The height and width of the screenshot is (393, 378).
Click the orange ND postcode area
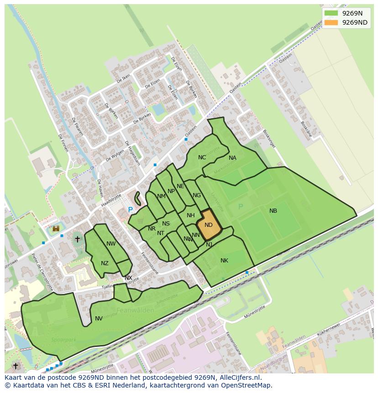pyautogui.click(x=209, y=225)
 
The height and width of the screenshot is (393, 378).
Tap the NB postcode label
pyautogui.click(x=273, y=211)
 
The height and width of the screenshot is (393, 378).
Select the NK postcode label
pyautogui.click(x=224, y=261)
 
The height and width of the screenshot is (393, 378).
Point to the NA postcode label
pyautogui.click(x=232, y=158)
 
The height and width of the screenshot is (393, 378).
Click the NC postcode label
pyautogui.click(x=202, y=157)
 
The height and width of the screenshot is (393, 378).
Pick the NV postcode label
pyautogui.click(x=99, y=319)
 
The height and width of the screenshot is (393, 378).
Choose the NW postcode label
pyautogui.click(x=111, y=244)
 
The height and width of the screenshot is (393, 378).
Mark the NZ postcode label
pyautogui.click(x=105, y=263)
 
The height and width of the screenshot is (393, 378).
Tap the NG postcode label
pyautogui.click(x=197, y=195)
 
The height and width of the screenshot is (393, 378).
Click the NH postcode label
pyautogui.click(x=191, y=215)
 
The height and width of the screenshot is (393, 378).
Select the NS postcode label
pyautogui.click(x=166, y=224)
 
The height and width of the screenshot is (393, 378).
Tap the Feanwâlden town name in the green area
pyautogui.click(x=135, y=310)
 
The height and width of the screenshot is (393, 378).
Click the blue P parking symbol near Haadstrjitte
pyautogui.click(x=130, y=210)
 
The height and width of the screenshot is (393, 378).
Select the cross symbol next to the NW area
pyautogui.click(x=77, y=239)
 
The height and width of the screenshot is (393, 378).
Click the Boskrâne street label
pyautogui.click(x=306, y=129)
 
